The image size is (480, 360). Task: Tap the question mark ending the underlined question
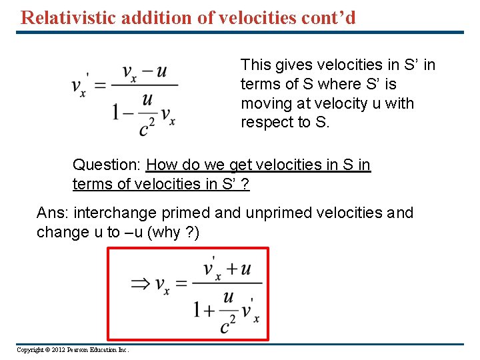(x=246, y=184)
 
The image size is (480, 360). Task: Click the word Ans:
(x=53, y=213)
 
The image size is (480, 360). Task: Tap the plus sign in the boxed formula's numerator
(x=231, y=269)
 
